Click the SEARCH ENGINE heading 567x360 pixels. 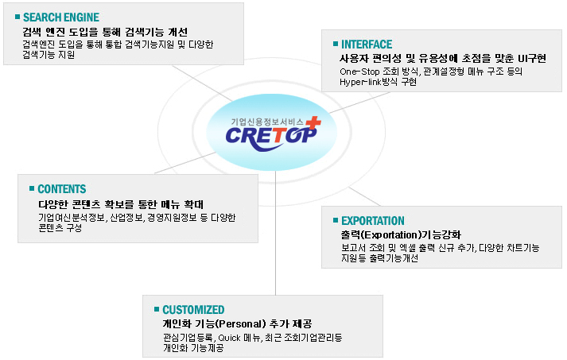point(61,17)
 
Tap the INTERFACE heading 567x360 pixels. point(367,45)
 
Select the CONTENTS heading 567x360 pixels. point(62,189)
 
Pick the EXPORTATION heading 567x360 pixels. point(373,221)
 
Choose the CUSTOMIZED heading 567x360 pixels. point(193,310)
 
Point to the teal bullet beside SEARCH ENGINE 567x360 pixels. point(17,17)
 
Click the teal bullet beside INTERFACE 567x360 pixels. point(336,44)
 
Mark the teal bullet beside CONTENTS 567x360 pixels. point(32,188)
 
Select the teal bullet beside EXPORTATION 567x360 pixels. point(336,220)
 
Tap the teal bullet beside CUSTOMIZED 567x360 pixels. point(157,309)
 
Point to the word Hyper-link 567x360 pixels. point(361,82)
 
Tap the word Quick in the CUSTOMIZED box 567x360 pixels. point(229,338)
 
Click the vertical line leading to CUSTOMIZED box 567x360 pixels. point(275,233)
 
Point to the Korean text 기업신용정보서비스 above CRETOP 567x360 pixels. point(267,122)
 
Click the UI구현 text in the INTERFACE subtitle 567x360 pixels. point(531,59)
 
